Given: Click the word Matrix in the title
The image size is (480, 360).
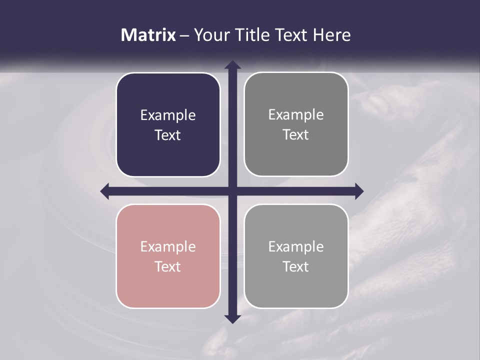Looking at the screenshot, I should coord(148,35).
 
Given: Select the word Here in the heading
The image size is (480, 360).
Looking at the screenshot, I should coord(331,35).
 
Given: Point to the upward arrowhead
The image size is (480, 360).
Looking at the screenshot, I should coord(232,65).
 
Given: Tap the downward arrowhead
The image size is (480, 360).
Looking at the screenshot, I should coord(232,318).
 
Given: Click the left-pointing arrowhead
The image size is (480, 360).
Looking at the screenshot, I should coord(105,191).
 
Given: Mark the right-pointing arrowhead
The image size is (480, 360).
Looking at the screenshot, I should coord(358,191).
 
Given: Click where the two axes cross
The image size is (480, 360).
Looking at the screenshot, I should coord(232,191).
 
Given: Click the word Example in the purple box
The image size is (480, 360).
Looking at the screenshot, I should coord(168,115).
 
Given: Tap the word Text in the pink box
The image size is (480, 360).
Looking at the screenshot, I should coord(168,266).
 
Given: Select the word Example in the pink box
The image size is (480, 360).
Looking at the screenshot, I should coord(168,246).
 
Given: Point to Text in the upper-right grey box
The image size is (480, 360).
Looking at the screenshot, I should coord(296,134).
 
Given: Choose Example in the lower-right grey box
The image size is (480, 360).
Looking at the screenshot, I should coord(296,246).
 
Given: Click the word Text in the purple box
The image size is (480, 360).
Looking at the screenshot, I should coord(168,135).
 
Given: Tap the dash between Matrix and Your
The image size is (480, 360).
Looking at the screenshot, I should coord(185,35).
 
